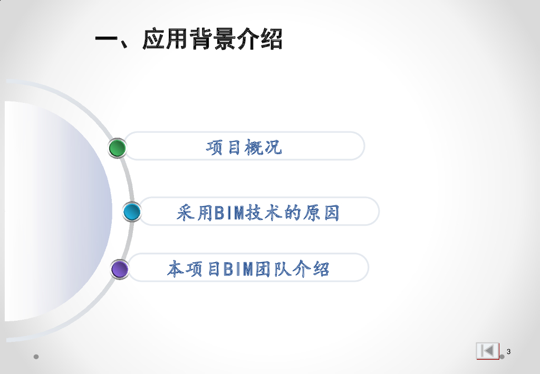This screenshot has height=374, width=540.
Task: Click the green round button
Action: click(118, 148)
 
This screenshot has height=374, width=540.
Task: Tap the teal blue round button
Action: click(132, 212)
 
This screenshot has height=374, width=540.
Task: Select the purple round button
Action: click(120, 269)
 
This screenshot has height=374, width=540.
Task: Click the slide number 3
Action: click(508, 352)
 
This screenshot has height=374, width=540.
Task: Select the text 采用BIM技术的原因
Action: click(258, 213)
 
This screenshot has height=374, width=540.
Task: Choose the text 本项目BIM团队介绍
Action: click(248, 269)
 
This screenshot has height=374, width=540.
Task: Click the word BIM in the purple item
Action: click(240, 269)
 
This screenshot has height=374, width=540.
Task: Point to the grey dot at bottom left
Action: click(36, 357)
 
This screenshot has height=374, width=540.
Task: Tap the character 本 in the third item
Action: click(176, 269)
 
